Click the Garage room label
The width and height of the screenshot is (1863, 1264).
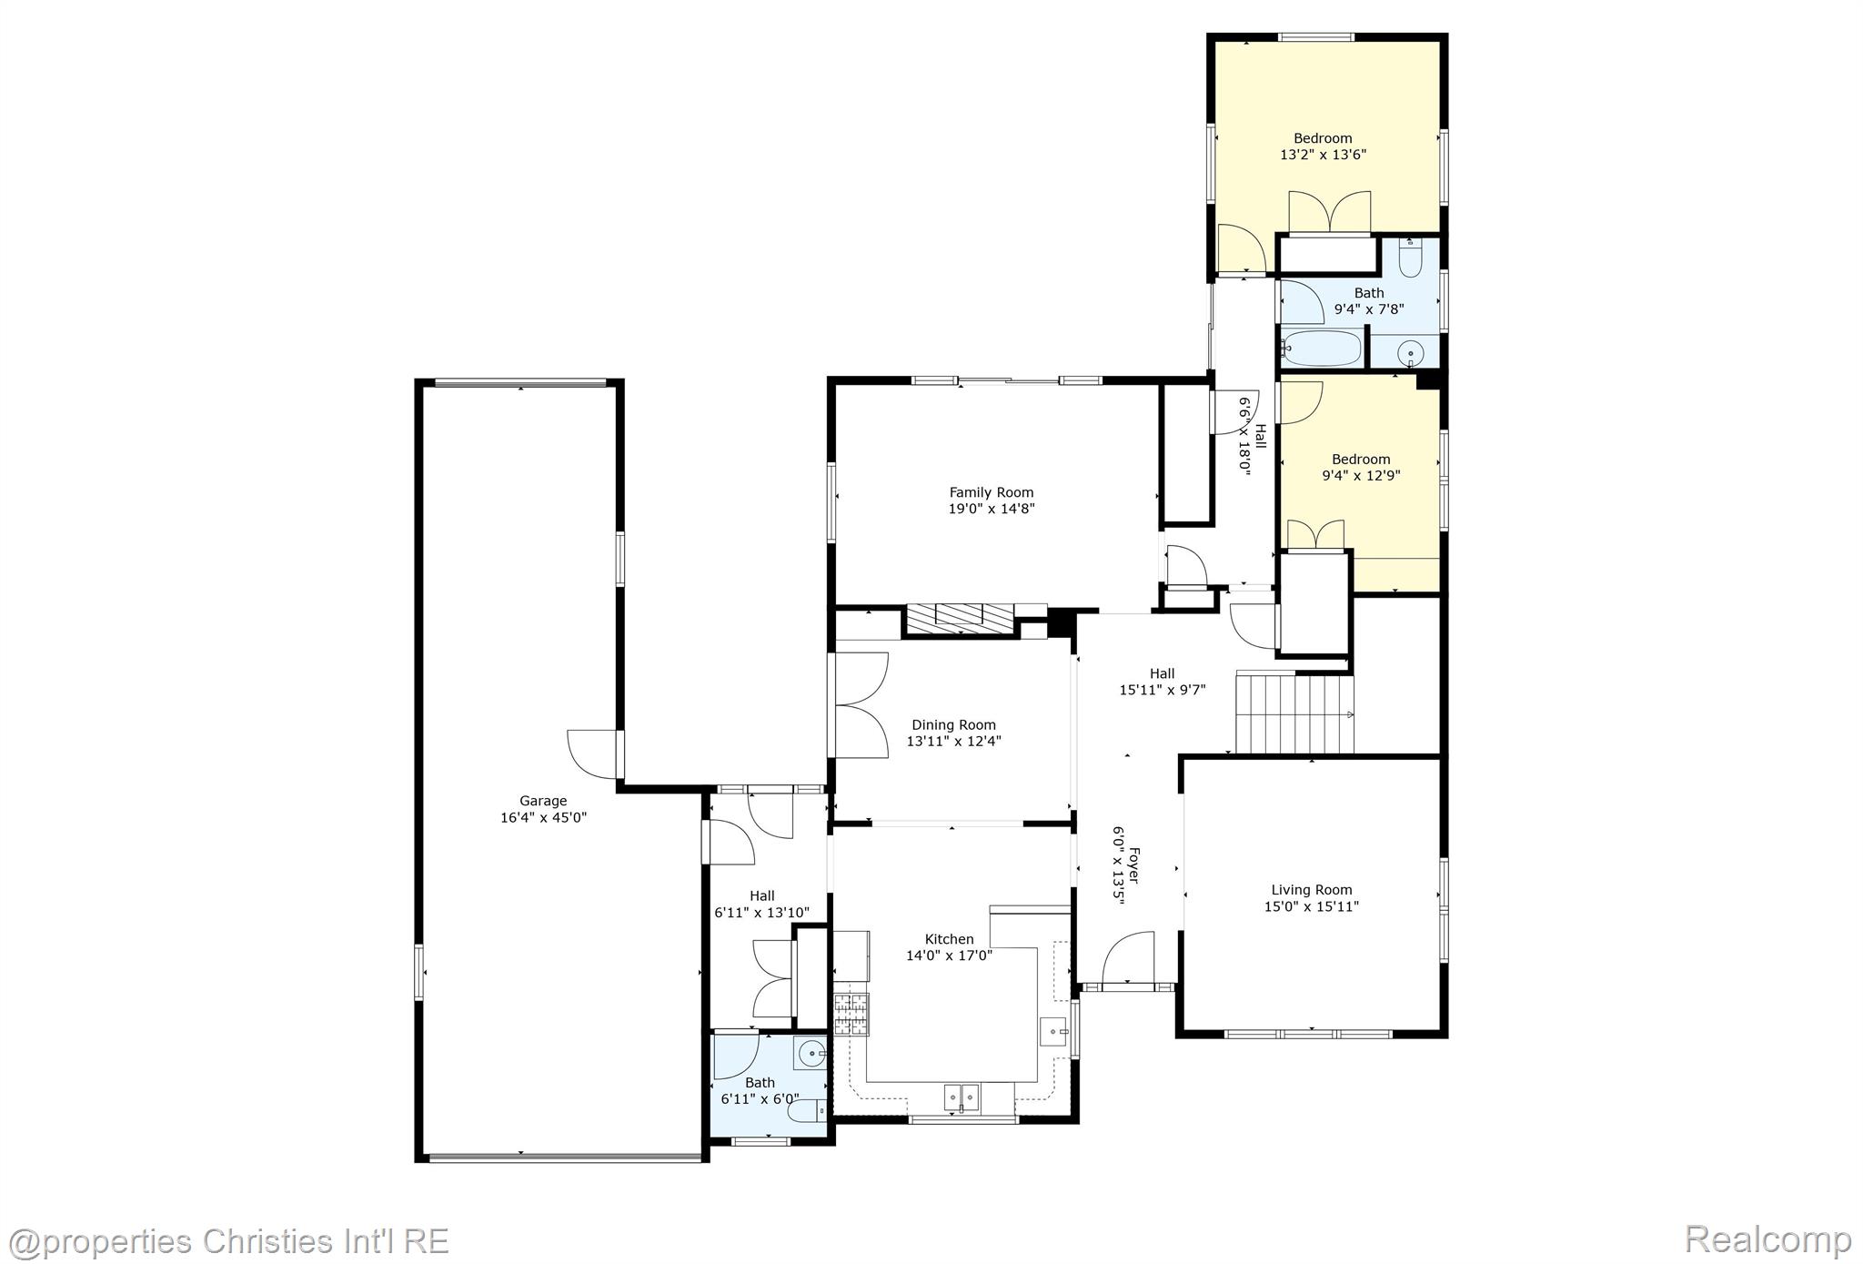tap(543, 801)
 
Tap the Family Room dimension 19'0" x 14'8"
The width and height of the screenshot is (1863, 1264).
tap(992, 509)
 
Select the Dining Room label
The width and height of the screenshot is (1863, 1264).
tap(953, 725)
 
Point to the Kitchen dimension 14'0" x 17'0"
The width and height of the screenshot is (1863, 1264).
tap(949, 956)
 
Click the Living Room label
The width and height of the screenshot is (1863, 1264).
tap(1311, 890)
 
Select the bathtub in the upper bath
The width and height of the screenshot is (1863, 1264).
tap(1322, 349)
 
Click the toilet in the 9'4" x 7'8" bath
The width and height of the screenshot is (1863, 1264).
tap(1410, 260)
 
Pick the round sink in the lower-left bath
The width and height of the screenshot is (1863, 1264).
tap(809, 1055)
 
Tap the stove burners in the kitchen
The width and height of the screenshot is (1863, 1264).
tap(851, 1015)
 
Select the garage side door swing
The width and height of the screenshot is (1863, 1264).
tap(592, 754)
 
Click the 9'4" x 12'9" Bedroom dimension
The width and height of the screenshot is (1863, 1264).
tap(1360, 475)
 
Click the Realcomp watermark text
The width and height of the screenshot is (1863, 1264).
tap(1767, 1239)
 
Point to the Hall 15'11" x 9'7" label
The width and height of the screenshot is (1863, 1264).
tap(1162, 682)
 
